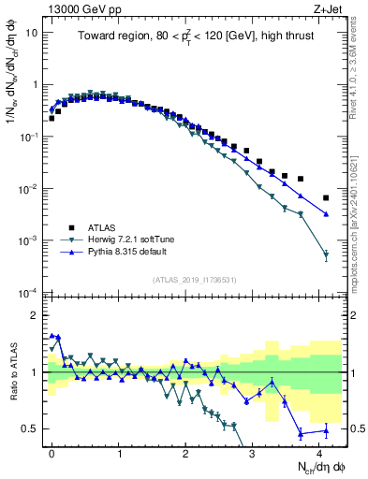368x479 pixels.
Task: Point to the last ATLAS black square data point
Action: tap(326, 198)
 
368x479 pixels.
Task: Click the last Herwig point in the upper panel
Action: tap(326, 254)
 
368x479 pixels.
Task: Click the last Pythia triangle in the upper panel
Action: tap(326, 214)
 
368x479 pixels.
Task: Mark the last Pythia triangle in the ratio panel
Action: tap(326, 430)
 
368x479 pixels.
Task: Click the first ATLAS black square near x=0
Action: tap(52, 119)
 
